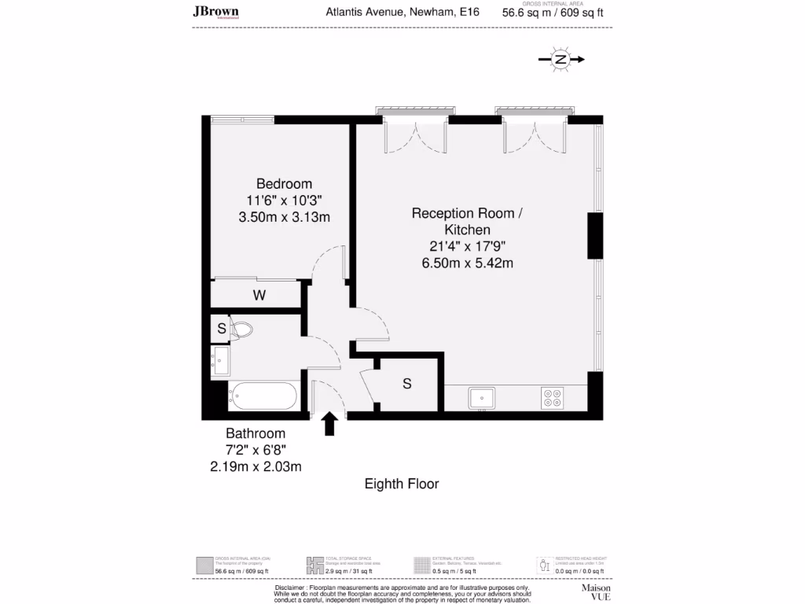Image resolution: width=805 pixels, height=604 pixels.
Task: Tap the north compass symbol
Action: tap(560, 59)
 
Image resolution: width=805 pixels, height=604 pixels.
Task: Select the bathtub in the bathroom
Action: tap(263, 396)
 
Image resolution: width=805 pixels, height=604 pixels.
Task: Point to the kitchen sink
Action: tap(480, 398)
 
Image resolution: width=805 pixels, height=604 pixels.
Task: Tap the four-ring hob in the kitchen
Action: tap(552, 399)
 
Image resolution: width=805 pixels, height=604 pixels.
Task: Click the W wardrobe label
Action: tap(258, 296)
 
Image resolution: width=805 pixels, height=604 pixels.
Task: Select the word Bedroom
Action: tap(284, 184)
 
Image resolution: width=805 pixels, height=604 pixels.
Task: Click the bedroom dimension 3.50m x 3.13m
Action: tap(284, 217)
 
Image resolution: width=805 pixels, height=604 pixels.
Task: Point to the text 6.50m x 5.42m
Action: tap(467, 263)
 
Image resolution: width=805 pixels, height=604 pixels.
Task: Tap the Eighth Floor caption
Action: tap(402, 484)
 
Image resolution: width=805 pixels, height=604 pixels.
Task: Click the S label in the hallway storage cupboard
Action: tap(407, 384)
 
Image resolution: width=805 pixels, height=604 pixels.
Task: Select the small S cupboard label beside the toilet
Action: tap(222, 329)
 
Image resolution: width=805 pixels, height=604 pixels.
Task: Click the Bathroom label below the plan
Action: tap(255, 433)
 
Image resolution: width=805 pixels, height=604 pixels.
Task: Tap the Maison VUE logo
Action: tap(596, 591)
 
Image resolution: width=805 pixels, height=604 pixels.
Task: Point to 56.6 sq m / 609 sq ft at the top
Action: tap(553, 13)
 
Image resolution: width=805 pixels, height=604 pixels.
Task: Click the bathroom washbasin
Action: tap(219, 362)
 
